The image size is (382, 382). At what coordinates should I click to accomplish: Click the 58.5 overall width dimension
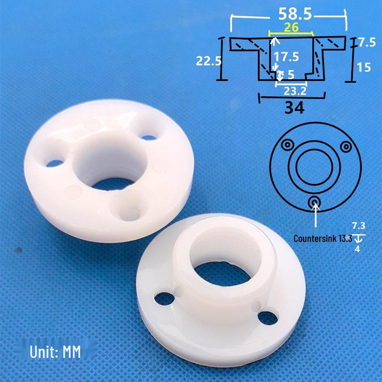tap(295, 15)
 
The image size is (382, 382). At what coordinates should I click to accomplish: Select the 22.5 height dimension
tap(209, 61)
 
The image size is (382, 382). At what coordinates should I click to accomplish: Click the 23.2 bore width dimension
tap(295, 91)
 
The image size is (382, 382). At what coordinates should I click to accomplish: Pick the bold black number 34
tap(294, 108)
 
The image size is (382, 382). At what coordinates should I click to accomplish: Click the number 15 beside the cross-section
tap(364, 67)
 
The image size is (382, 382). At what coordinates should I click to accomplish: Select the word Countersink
tap(315, 239)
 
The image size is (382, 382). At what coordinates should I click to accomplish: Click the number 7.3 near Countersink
tap(358, 226)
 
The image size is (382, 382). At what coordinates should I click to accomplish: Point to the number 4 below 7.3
tap(357, 249)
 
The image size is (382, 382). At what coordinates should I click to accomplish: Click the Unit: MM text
tap(55, 352)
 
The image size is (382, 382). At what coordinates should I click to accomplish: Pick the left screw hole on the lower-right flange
tap(165, 298)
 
